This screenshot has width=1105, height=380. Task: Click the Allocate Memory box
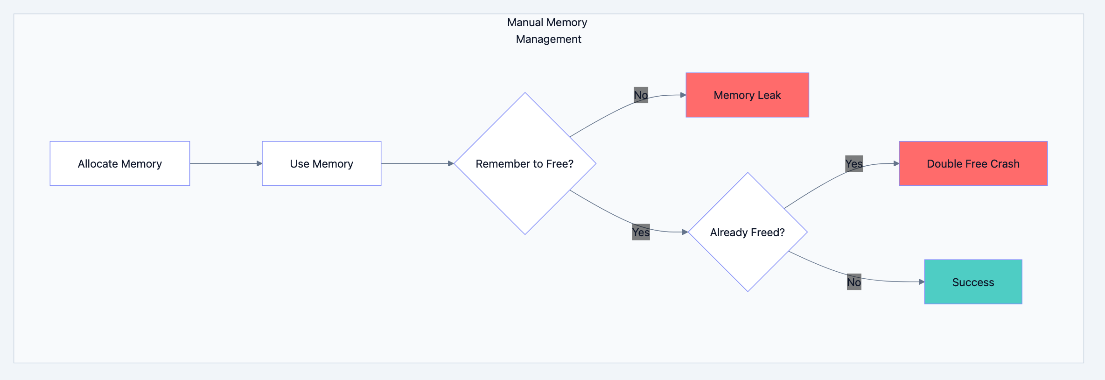[x=119, y=163]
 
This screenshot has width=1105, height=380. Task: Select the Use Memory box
[x=321, y=163]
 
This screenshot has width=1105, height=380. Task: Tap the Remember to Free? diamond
[x=525, y=163]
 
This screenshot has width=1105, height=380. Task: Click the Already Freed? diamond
[x=747, y=232]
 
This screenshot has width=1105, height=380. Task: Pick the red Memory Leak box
[x=747, y=95]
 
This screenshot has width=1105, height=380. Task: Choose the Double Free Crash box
[x=972, y=163]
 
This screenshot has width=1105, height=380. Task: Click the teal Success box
[x=972, y=282]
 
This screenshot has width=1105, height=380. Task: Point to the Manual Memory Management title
[x=547, y=31]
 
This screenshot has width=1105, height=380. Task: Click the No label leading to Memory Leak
[x=640, y=95]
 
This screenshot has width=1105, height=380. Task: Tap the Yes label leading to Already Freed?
[x=640, y=232]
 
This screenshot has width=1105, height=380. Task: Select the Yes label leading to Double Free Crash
[x=853, y=164]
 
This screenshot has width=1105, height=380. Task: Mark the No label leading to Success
[x=853, y=282]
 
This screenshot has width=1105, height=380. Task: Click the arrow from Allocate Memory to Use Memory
[x=226, y=163]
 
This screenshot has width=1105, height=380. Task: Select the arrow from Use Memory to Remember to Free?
[x=417, y=163]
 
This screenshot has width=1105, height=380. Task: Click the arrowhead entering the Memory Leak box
[x=683, y=95]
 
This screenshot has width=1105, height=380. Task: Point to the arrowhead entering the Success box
[x=922, y=282]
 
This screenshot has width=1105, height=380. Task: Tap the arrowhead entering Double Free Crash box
[x=896, y=163]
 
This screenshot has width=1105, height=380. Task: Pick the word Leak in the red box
[x=769, y=95]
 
